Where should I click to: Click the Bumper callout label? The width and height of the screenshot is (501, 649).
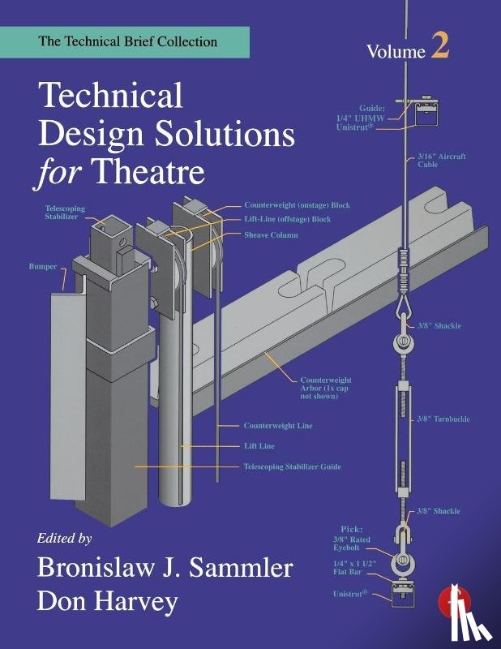pos(42,264)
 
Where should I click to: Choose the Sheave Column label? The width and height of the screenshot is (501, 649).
pos(271,234)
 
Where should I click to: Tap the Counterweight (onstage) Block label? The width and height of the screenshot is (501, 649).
pos(297,205)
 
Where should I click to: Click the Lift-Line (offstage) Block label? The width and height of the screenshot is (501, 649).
pos(287,219)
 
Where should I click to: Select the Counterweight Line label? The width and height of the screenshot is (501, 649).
pos(278,425)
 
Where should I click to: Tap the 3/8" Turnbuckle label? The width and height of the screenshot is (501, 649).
pos(443,419)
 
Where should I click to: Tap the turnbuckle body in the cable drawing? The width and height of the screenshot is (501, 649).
pos(400,422)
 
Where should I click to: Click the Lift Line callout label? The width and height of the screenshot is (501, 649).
pos(259,445)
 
